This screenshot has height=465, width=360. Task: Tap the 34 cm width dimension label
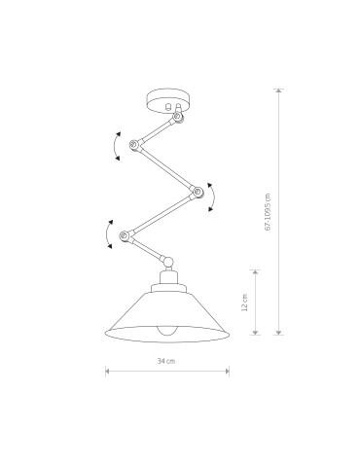coord(166,362)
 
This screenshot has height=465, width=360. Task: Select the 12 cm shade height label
coord(244,303)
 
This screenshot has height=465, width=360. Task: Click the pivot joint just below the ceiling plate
coord(178,118)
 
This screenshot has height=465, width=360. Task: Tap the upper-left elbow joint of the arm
coord(131,145)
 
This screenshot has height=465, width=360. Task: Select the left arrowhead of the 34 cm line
coord(106,370)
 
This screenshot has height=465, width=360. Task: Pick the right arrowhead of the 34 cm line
coord(228,370)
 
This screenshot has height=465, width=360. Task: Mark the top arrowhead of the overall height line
coord(279,90)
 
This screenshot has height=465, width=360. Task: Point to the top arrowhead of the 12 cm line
coord(255,271)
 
